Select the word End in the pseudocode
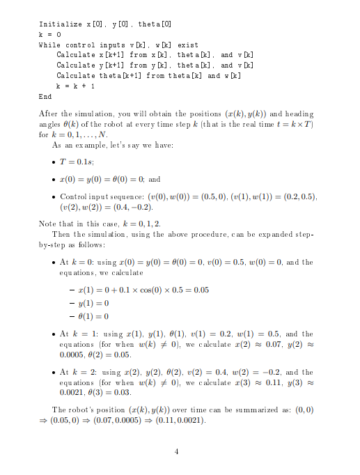click(45, 97)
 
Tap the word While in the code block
click(49, 45)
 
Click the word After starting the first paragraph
click(49, 114)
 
